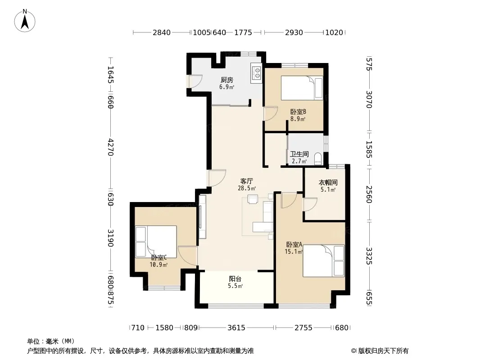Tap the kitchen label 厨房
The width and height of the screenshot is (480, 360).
click(227, 80)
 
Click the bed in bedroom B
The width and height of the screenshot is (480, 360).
click(302, 88)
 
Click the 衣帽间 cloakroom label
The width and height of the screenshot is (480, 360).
click(328, 183)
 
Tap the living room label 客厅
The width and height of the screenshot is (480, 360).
click(246, 181)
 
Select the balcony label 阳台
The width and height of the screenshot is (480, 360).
click(235, 279)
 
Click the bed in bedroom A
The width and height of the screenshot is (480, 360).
click(324, 261)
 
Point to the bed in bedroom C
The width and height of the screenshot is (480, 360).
click(156, 242)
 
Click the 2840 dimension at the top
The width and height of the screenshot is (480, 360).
click(161, 32)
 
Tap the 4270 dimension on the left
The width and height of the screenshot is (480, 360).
click(110, 147)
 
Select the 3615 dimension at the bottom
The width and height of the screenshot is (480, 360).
click(236, 328)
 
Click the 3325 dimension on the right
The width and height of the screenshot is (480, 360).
click(369, 256)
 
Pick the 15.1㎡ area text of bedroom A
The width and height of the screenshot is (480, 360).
click(294, 252)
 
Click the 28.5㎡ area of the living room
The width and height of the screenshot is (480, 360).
click(247, 189)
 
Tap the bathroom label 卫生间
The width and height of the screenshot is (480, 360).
click(299, 154)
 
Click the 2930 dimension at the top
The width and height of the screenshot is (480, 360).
click(294, 32)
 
